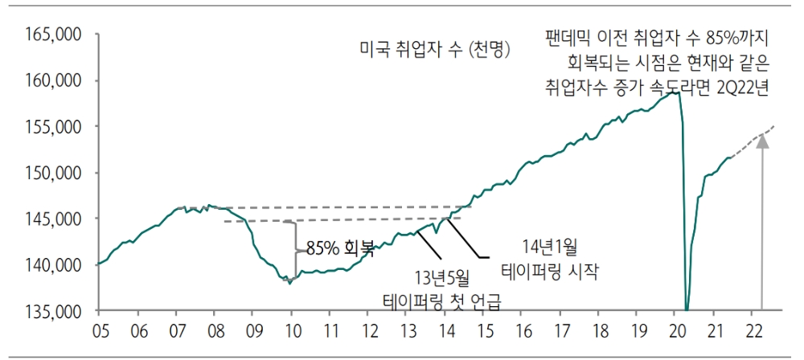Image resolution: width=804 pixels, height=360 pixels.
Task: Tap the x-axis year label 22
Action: tap(755, 330)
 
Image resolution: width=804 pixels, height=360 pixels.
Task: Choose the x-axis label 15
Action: tap(483, 330)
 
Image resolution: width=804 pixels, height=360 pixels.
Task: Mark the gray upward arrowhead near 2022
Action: tap(762, 143)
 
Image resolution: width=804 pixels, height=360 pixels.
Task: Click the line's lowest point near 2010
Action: tap(289, 283)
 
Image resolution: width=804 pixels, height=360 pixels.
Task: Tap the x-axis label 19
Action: tap(638, 330)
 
